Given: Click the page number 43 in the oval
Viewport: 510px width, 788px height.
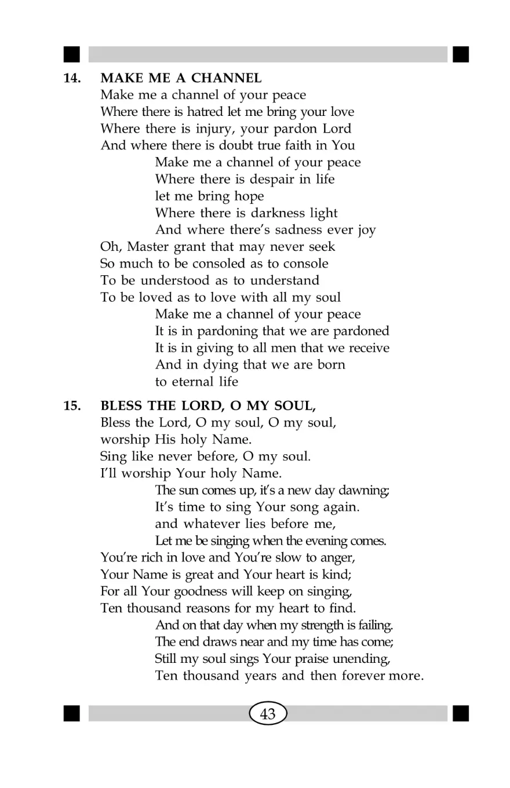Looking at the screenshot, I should coord(268,714).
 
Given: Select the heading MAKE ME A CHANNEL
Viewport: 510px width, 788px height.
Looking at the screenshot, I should coord(181,78).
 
